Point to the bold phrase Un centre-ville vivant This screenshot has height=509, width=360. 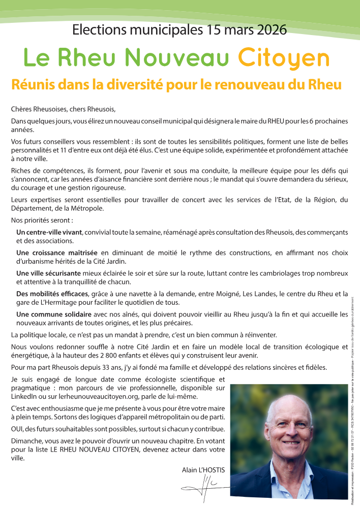point(49,232)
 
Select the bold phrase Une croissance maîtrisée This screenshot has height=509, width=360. point(57,252)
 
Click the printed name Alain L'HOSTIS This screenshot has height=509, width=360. point(203,470)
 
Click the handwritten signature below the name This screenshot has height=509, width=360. point(203,489)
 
